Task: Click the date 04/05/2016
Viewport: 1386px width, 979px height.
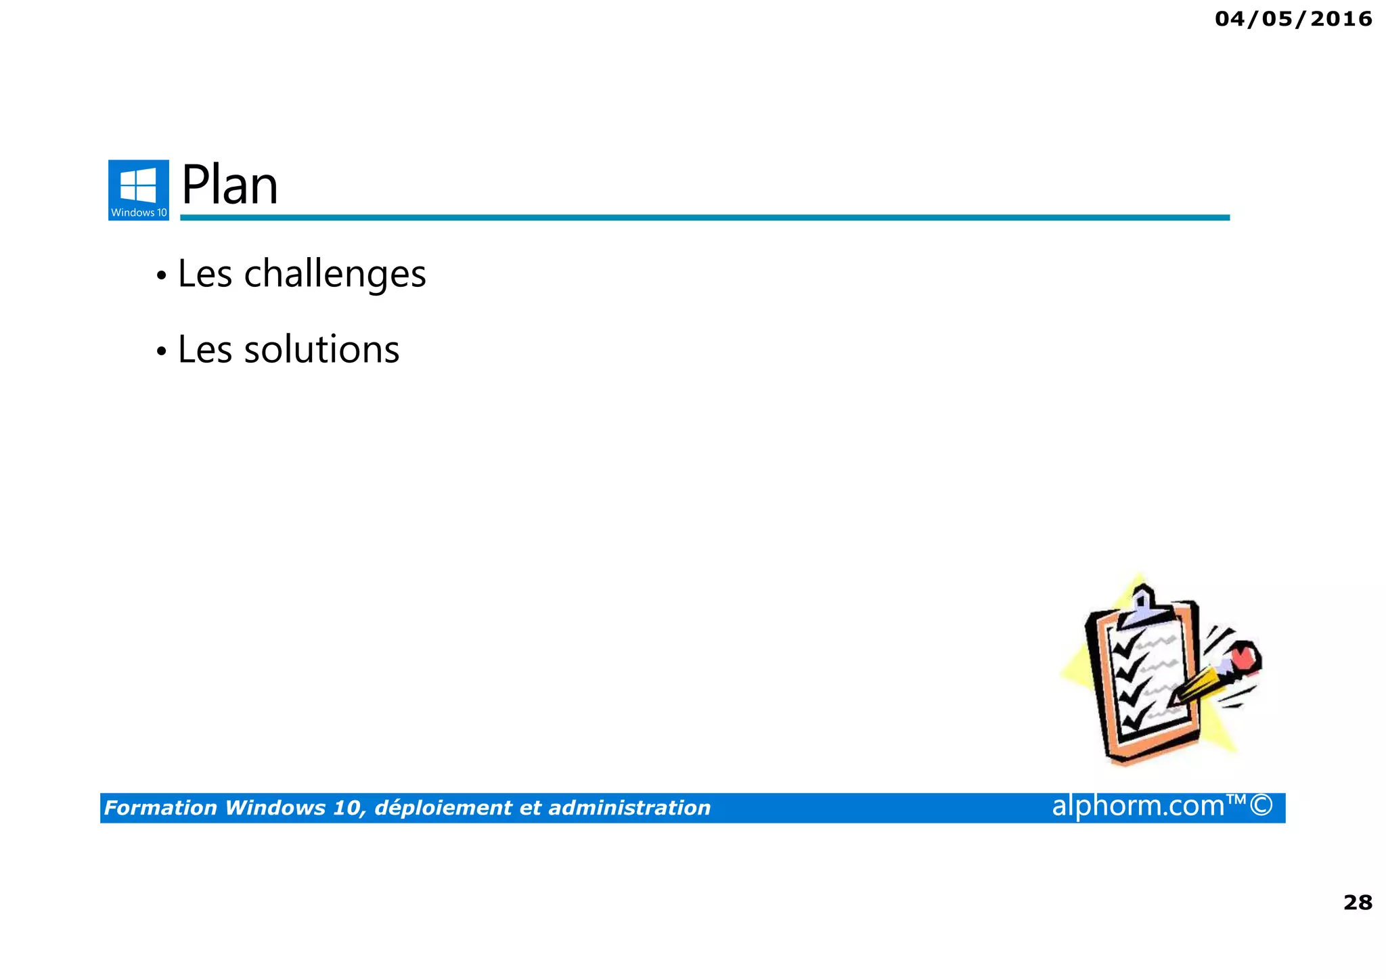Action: pyautogui.click(x=1293, y=19)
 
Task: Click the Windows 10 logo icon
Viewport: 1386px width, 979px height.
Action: pyautogui.click(x=138, y=189)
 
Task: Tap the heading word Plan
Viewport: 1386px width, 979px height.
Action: pyautogui.click(x=229, y=185)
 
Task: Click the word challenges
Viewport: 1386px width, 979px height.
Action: pyautogui.click(x=334, y=274)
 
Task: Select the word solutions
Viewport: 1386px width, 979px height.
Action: pyautogui.click(x=321, y=350)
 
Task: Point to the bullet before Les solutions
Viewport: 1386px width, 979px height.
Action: pyautogui.click(x=161, y=352)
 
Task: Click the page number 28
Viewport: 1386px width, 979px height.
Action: pyautogui.click(x=1357, y=903)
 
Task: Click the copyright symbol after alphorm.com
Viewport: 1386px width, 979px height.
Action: pyautogui.click(x=1261, y=806)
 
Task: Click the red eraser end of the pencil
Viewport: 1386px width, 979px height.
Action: pyautogui.click(x=1244, y=657)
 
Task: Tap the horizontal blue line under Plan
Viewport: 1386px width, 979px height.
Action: pyautogui.click(x=704, y=217)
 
